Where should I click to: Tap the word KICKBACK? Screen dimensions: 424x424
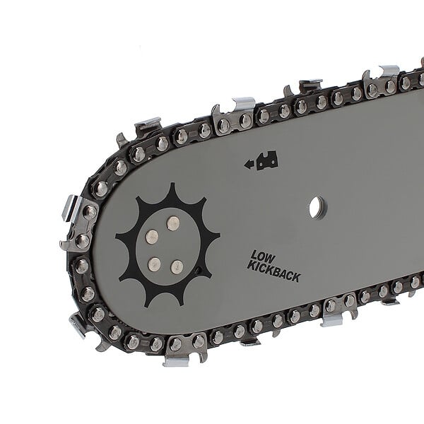(x=273, y=272)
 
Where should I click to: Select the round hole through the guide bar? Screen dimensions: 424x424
(x=318, y=207)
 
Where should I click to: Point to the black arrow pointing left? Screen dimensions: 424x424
(x=249, y=164)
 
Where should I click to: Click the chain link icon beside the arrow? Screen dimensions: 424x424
(x=267, y=160)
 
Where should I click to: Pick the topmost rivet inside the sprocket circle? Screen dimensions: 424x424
(x=173, y=223)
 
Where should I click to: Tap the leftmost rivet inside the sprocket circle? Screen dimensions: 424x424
(x=152, y=237)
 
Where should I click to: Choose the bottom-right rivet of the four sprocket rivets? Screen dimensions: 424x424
(x=177, y=266)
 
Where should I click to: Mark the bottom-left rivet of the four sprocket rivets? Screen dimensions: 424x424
(x=155, y=263)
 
